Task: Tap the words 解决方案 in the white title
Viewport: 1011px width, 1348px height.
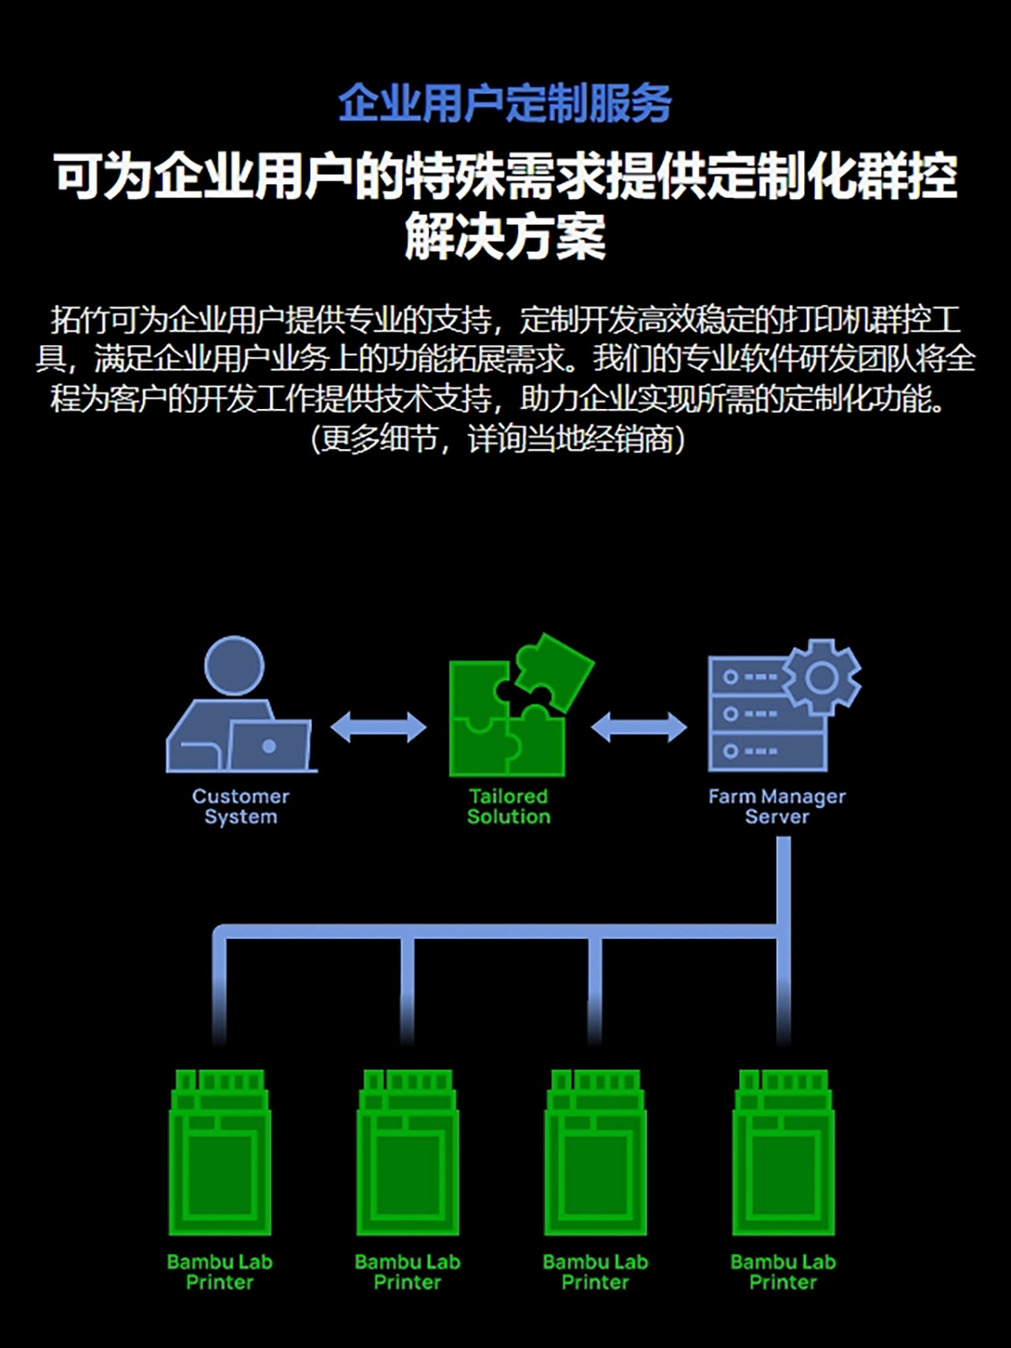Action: point(505,236)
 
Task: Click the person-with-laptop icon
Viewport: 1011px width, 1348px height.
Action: point(241,705)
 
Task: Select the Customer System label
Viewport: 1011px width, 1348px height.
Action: point(241,806)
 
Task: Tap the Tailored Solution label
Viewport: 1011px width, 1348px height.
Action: point(509,806)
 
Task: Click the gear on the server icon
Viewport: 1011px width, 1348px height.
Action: point(821,677)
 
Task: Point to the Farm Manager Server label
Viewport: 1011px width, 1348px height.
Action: point(777,806)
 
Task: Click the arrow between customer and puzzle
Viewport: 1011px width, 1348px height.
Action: point(378,727)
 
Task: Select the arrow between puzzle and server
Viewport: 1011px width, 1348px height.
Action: point(639,727)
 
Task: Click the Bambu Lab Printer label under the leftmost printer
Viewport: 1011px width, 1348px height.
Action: point(220,1272)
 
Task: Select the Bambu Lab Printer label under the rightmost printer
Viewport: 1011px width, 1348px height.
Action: point(784,1272)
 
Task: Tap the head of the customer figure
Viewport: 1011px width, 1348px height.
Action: point(234,666)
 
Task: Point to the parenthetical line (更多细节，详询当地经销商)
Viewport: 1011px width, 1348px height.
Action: point(498,439)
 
